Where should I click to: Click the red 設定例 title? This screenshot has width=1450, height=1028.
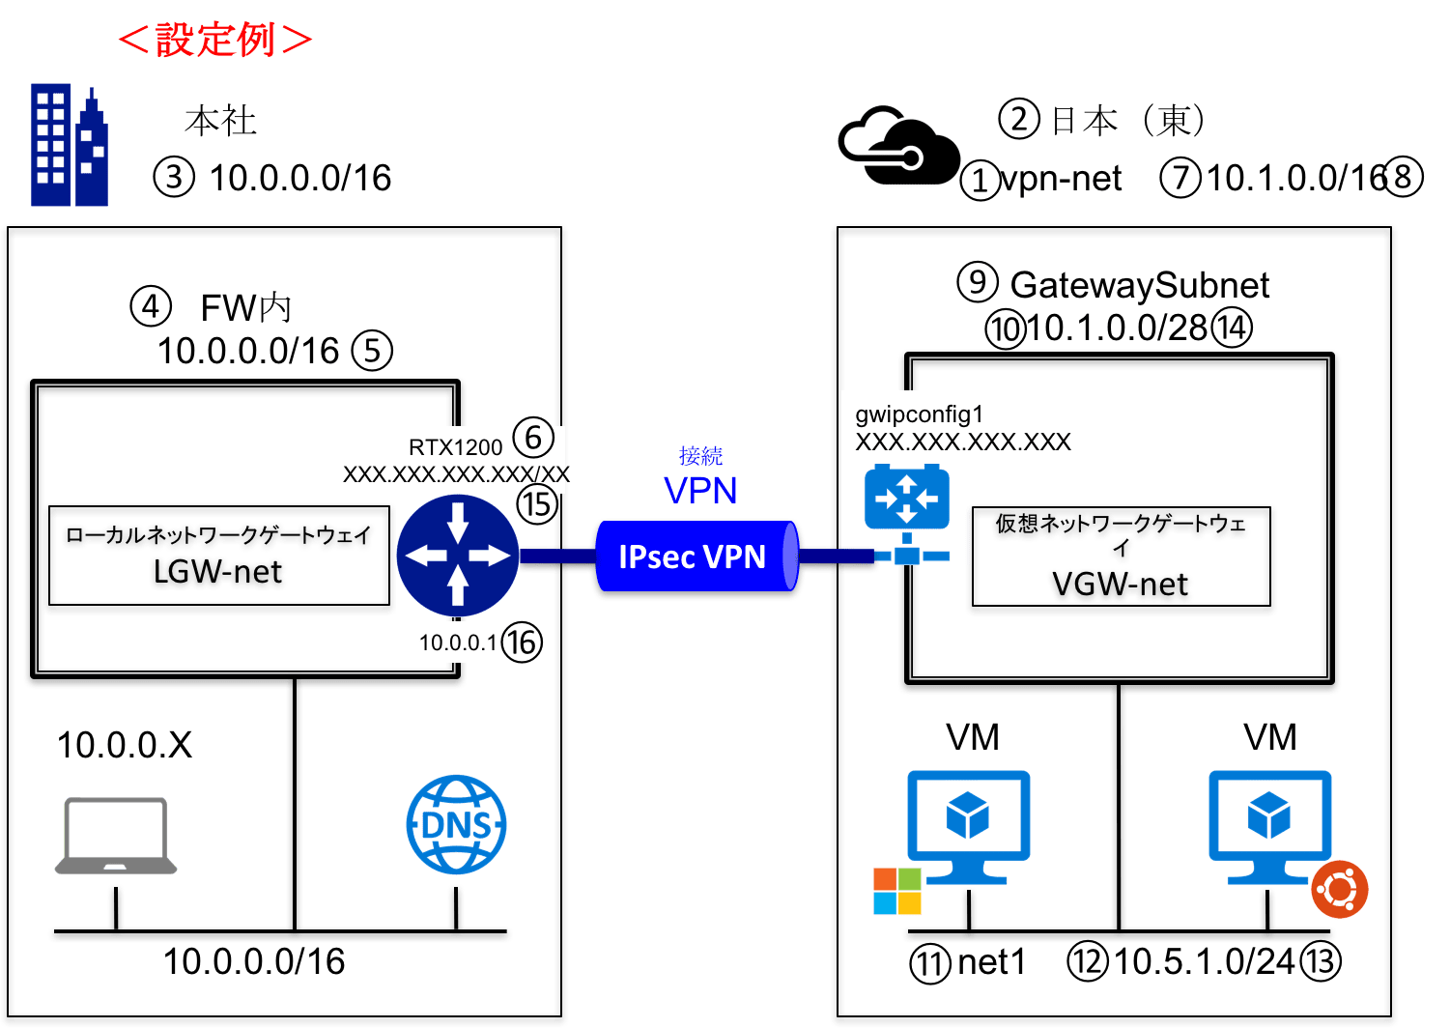click(215, 40)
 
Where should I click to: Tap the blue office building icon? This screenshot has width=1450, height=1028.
click(70, 145)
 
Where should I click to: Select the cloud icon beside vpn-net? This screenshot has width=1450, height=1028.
click(898, 145)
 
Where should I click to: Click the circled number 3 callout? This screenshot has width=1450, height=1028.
click(174, 178)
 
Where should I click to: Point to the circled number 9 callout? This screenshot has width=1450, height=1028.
click(978, 281)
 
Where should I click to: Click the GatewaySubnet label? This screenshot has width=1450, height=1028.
click(1140, 285)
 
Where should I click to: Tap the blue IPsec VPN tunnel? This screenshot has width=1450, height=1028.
click(697, 557)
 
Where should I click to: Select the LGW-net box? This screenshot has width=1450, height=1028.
click(219, 556)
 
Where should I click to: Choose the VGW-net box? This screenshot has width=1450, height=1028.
click(1122, 557)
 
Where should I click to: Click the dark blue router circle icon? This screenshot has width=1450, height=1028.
click(458, 556)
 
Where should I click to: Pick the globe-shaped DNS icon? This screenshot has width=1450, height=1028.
click(456, 825)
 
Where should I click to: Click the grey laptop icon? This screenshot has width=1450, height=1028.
click(116, 836)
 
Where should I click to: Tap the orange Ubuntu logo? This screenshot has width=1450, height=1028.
click(1339, 890)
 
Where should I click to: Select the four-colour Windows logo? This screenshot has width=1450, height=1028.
click(897, 891)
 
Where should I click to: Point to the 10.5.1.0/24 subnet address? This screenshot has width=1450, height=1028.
click(1204, 961)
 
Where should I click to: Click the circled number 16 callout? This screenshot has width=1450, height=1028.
click(522, 642)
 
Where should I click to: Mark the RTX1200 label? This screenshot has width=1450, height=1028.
click(456, 447)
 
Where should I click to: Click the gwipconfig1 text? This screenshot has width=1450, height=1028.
click(920, 414)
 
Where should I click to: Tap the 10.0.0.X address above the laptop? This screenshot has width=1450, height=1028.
click(125, 745)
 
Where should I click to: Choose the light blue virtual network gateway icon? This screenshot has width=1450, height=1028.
click(907, 514)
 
